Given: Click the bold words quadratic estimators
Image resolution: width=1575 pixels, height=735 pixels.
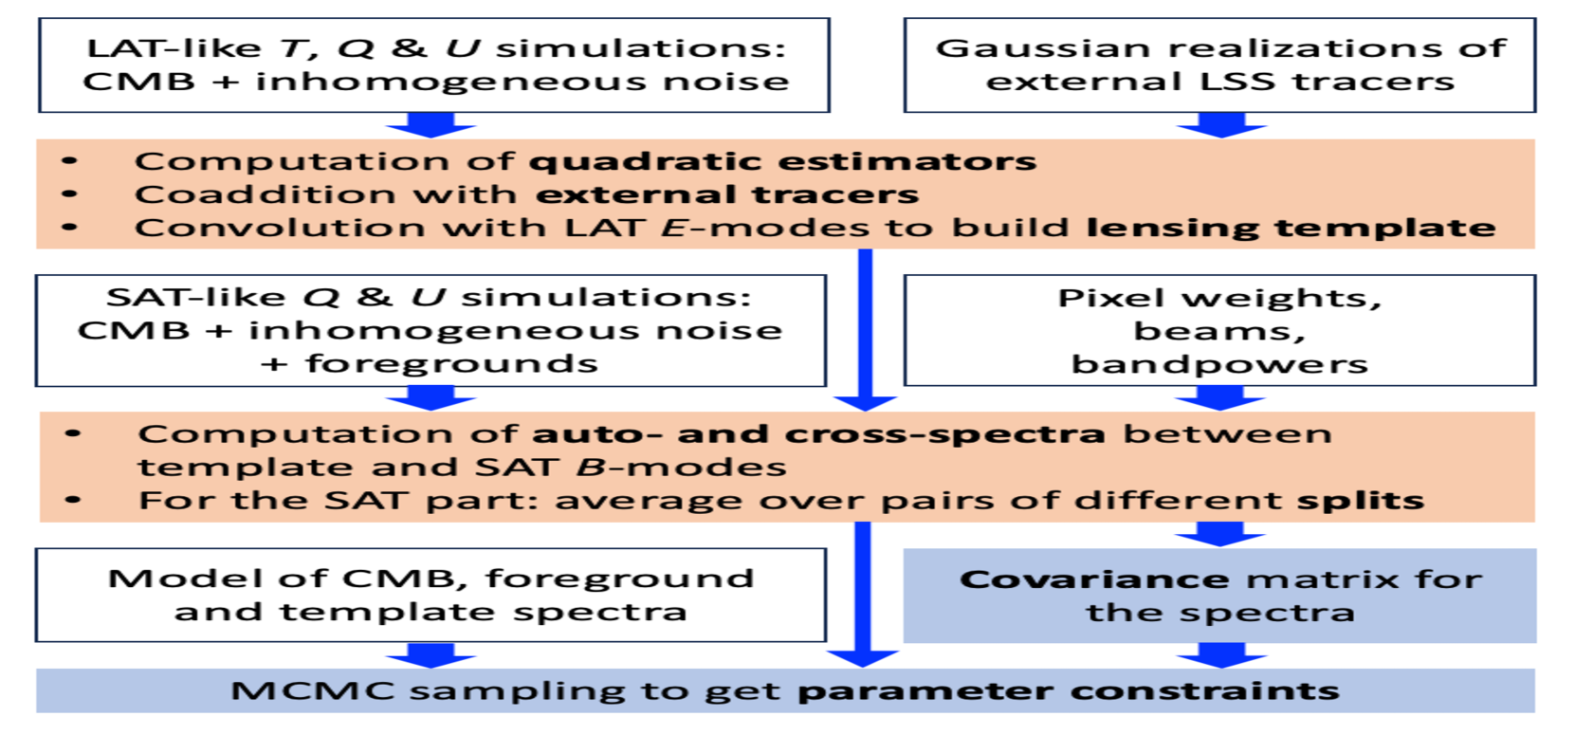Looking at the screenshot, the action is click(x=782, y=162).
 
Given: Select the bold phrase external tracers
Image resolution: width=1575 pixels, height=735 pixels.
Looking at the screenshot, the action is click(x=727, y=194).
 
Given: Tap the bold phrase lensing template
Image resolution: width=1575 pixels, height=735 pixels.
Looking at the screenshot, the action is click(x=1291, y=229).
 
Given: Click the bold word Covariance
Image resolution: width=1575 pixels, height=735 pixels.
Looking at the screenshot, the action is click(x=1094, y=579).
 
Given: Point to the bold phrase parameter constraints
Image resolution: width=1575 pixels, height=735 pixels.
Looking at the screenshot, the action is click(x=1069, y=691).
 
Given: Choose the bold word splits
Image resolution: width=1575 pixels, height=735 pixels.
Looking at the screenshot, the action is click(x=1361, y=501).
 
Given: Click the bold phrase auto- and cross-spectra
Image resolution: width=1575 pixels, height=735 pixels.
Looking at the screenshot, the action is click(x=818, y=434).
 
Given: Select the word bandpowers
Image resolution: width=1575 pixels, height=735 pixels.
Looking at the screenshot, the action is click(x=1220, y=364).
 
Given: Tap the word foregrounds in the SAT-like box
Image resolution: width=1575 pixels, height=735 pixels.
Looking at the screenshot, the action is click(x=450, y=364).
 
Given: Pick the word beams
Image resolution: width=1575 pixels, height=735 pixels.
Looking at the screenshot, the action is click(x=1220, y=331).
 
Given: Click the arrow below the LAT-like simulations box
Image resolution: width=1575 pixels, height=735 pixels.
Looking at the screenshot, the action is click(x=431, y=125).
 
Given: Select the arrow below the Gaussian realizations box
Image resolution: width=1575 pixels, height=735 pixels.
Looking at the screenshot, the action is click(x=1221, y=125).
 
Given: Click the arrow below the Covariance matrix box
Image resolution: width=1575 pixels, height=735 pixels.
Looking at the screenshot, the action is click(x=1222, y=655).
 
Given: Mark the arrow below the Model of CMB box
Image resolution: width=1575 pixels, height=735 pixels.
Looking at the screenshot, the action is click(x=431, y=655).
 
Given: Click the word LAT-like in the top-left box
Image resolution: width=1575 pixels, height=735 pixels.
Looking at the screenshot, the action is click(x=174, y=48).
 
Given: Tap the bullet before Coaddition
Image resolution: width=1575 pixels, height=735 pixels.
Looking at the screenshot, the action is click(x=69, y=194).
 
